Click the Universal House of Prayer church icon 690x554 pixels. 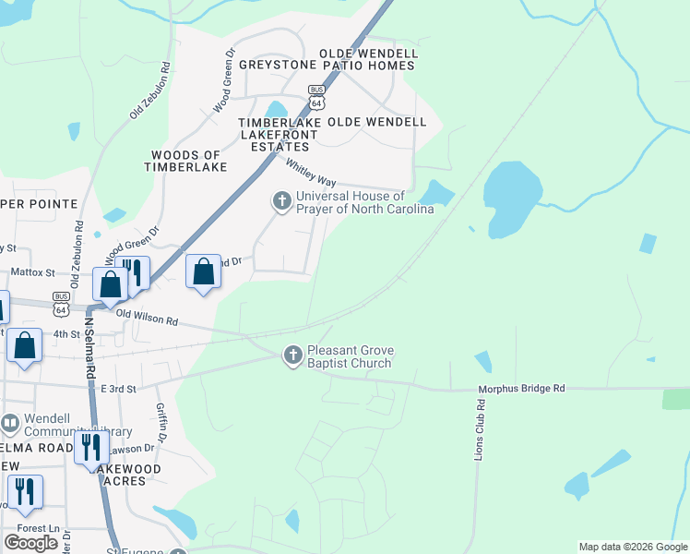click(281, 200)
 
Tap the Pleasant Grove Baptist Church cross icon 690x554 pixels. click(292, 355)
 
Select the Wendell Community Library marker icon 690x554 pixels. click(10, 424)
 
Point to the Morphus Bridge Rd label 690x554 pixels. click(520, 389)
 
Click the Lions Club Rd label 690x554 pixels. click(480, 430)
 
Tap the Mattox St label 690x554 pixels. click(33, 272)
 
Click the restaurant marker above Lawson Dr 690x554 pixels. click(91, 447)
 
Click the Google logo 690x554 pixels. click(31, 543)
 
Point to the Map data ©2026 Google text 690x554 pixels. click(632, 547)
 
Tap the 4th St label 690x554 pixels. click(66, 333)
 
